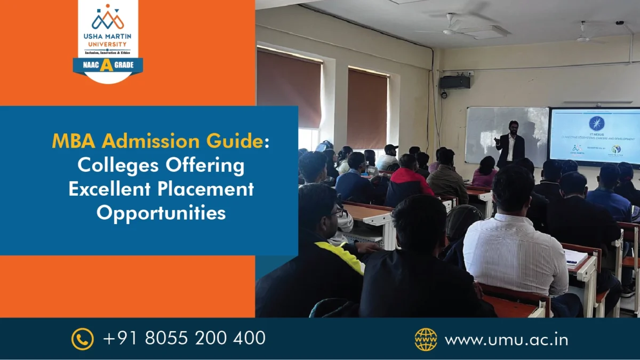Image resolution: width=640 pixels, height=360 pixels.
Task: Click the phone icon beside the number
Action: [83, 339]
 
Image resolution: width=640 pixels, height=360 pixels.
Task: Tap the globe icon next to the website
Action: [426, 339]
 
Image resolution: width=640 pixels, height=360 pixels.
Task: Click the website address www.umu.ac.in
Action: [506, 339]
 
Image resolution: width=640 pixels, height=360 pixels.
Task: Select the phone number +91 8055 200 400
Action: [184, 338]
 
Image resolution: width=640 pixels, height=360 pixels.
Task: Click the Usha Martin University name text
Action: [108, 41]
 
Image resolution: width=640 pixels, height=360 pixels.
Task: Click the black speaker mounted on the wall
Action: [454, 82]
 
